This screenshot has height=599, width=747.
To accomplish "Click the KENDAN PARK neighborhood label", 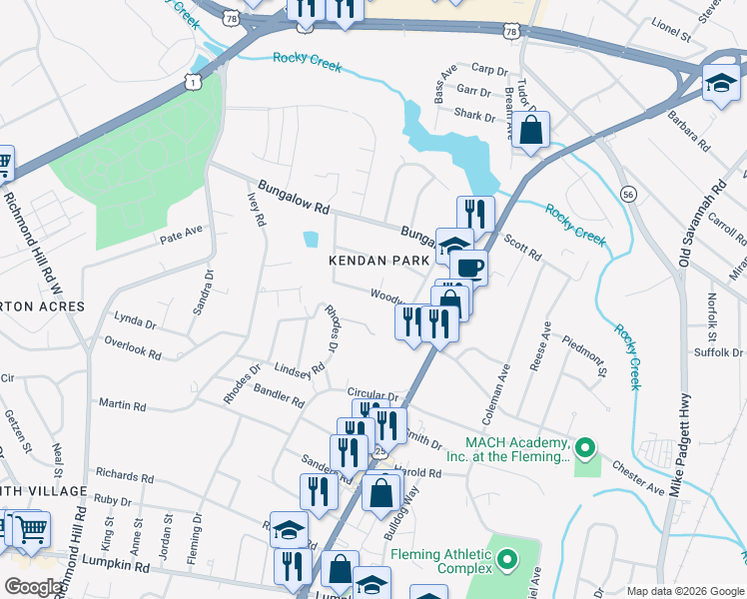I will (x=378, y=260).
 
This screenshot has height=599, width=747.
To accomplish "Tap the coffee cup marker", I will (x=467, y=267).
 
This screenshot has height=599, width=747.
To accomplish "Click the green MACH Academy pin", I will (x=586, y=448).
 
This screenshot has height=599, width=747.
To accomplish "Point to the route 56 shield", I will (x=627, y=193).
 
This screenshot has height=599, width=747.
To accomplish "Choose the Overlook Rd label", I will (x=133, y=346).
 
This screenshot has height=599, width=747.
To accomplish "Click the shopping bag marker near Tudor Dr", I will (x=531, y=129).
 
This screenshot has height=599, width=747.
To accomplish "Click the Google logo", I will (x=35, y=587).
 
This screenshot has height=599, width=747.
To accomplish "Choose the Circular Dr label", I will (x=373, y=395).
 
